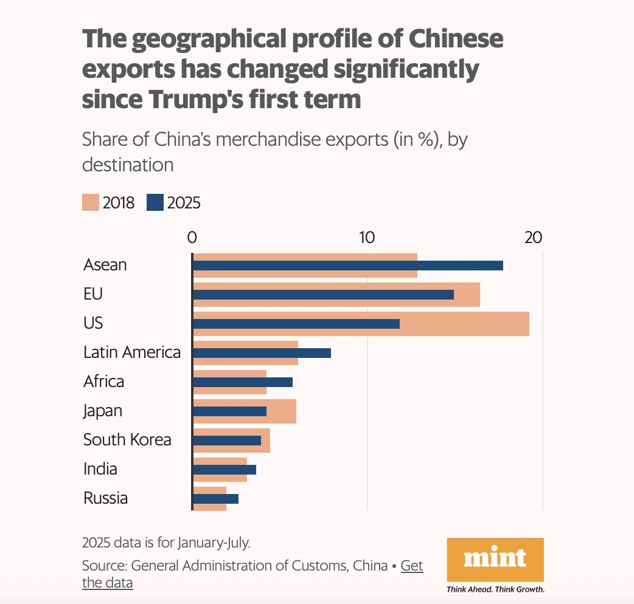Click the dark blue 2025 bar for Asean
pos(347,266)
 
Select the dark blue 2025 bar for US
pos(296,324)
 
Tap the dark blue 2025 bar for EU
pos(323,295)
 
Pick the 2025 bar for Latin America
pos(262,353)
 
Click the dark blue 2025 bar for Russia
pos(215,499)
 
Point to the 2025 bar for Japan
pos(229,411)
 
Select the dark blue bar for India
pos(224,470)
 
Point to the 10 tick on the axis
pos(367,238)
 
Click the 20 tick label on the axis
pos(533,238)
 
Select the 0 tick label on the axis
pos(192,238)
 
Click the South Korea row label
pos(127,440)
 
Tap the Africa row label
pos(103,382)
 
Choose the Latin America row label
pos(132,352)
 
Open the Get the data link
pos(411,566)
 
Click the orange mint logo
pos(495,559)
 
